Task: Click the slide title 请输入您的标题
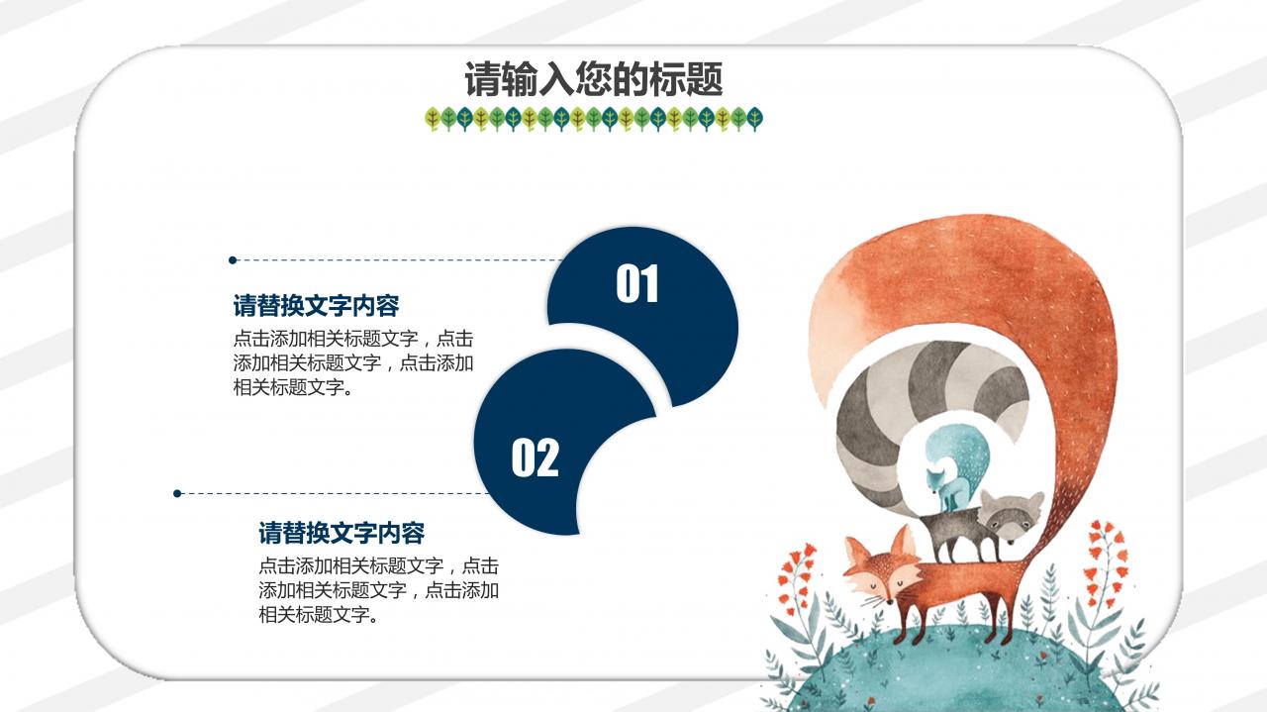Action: (x=594, y=79)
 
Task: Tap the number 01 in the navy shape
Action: (x=637, y=284)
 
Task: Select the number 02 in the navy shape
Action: (x=535, y=458)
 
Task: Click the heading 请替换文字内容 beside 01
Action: (x=316, y=305)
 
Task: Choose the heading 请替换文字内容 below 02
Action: (x=341, y=533)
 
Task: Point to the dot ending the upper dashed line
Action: (x=233, y=260)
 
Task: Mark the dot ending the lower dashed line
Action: (x=177, y=493)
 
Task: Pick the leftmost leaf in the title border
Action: (x=432, y=120)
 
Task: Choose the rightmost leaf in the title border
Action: (x=755, y=120)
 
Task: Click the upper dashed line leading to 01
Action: (x=396, y=260)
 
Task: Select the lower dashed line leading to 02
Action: (x=327, y=493)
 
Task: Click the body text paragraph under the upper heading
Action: (x=353, y=362)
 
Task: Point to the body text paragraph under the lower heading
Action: (x=379, y=590)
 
